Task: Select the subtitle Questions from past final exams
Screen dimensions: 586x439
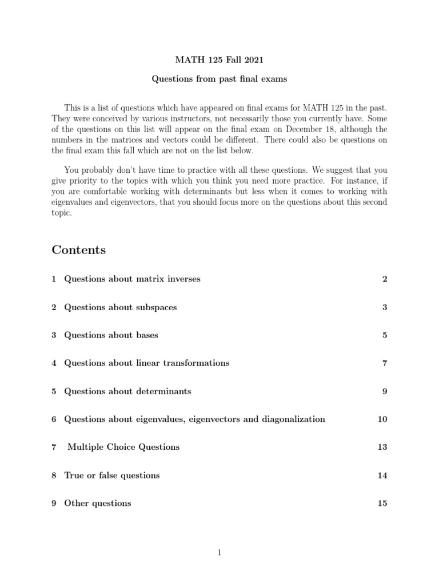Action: [219, 79]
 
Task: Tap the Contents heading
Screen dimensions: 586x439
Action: [78, 250]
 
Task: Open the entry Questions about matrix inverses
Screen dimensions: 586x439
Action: [132, 279]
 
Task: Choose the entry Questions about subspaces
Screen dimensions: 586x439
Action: [120, 307]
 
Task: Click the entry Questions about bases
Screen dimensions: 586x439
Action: [111, 335]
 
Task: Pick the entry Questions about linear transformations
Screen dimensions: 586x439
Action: [146, 363]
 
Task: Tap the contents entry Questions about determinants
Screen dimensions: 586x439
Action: [127, 391]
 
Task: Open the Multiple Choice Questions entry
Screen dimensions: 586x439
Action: [123, 447]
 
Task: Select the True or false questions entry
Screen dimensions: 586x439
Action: [111, 476]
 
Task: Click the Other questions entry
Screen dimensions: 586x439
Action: [97, 504]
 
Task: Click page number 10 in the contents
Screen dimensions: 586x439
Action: [382, 419]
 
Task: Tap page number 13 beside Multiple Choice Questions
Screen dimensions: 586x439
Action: [382, 447]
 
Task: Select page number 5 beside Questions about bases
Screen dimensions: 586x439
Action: [385, 335]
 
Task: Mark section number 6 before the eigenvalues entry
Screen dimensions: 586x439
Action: [54, 419]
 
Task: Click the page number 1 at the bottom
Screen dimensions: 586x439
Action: [219, 552]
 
